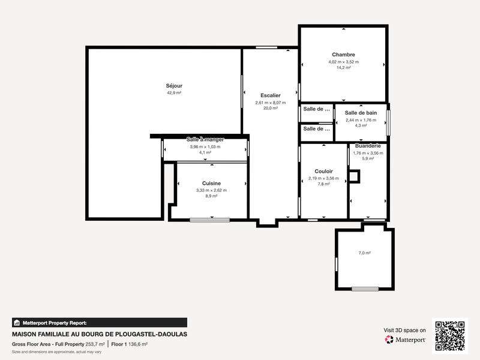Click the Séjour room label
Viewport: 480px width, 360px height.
[x=174, y=86]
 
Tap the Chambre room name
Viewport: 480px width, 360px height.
[x=343, y=55]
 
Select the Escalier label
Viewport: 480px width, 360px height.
[x=271, y=95]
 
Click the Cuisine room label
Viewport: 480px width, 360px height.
[x=211, y=183]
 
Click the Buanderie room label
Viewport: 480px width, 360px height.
[x=368, y=146]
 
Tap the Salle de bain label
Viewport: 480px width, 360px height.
[x=361, y=113]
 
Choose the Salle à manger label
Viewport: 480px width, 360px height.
[x=205, y=140]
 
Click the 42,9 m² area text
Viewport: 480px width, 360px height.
[x=174, y=93]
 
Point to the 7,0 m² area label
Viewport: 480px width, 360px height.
[x=364, y=253]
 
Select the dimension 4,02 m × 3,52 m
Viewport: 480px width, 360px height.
[x=343, y=62]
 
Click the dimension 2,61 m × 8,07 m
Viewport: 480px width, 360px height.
[x=271, y=103]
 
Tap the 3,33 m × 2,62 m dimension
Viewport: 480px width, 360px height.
[x=211, y=190]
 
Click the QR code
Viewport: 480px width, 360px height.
[x=450, y=335]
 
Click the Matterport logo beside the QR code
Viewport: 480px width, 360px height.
[x=406, y=340]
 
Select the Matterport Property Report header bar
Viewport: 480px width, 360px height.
[x=99, y=323]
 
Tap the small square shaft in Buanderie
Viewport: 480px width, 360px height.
[x=354, y=176]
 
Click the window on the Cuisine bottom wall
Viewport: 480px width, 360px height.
[x=209, y=220]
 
